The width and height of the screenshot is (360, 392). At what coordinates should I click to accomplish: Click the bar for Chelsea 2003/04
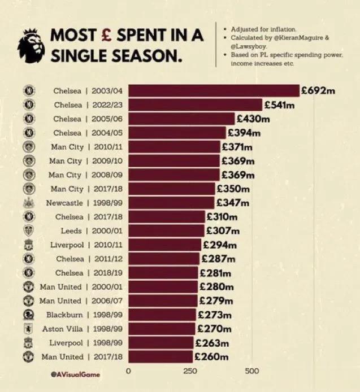[214, 90]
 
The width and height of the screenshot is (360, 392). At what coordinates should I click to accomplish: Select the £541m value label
[279, 104]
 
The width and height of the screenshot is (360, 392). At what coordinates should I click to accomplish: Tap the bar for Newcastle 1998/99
[171, 203]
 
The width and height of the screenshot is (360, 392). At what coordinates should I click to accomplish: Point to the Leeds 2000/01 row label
[92, 230]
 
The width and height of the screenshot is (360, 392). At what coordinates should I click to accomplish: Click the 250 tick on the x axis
[190, 371]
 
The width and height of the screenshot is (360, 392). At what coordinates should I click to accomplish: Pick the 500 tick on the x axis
[252, 371]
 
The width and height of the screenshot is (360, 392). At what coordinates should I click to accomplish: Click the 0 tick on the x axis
[128, 371]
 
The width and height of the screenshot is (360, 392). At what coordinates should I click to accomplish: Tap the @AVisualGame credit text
[75, 374]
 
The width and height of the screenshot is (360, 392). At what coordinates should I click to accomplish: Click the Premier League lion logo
[31, 46]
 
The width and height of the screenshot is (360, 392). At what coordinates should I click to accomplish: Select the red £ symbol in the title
[106, 35]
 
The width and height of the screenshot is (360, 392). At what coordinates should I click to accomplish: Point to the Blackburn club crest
[29, 315]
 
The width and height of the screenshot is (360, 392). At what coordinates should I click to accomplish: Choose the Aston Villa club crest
[29, 329]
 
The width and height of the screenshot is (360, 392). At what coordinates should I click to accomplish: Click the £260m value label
[211, 356]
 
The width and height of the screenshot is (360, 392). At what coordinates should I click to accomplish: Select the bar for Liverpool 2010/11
[165, 245]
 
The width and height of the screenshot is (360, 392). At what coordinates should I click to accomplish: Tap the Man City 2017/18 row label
[86, 189]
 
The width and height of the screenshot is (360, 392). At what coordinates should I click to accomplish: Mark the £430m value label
[253, 119]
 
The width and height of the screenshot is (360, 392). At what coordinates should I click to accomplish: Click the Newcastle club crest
[29, 203]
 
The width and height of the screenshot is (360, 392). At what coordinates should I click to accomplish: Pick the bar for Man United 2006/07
[163, 300]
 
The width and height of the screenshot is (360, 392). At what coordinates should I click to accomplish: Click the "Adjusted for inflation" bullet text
[263, 29]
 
